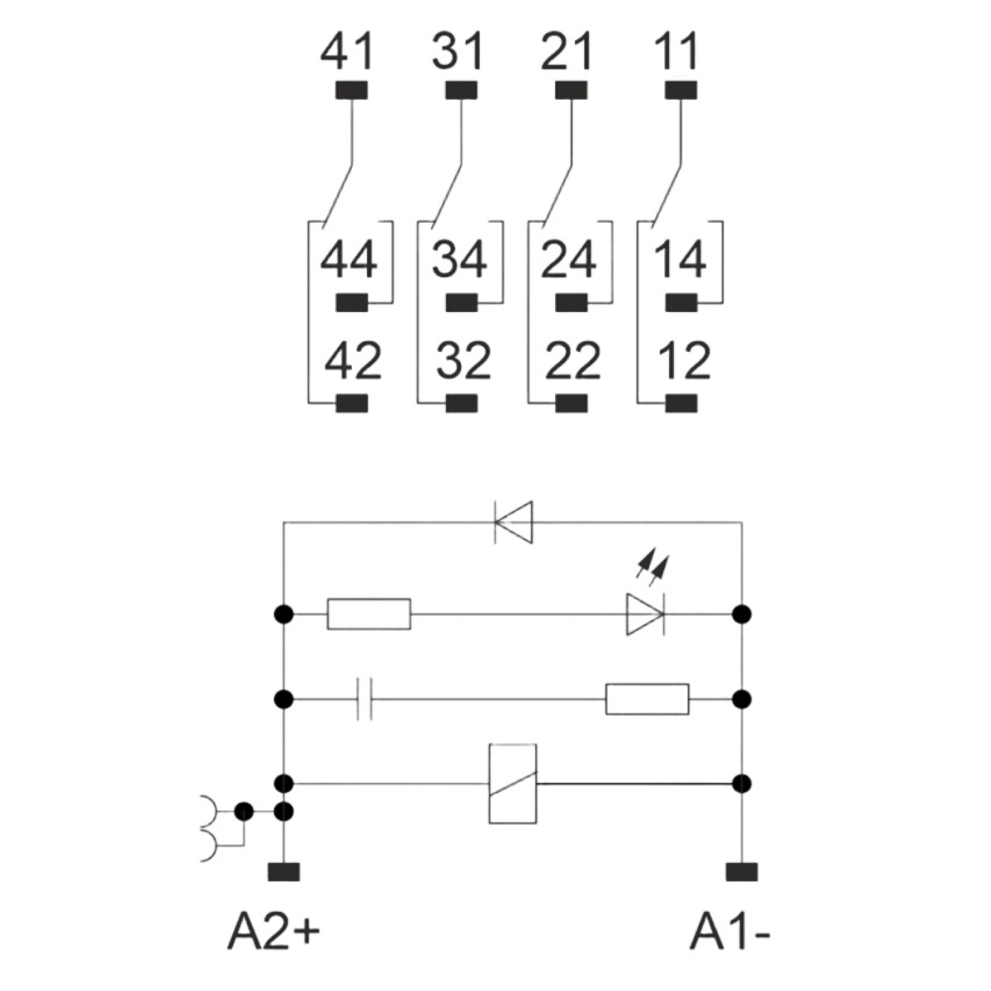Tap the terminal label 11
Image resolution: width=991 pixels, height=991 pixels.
coord(676,51)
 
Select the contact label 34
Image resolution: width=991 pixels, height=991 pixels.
coord(458,259)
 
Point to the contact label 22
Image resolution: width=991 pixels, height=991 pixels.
coord(571,362)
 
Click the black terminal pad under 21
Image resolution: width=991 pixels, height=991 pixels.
coord(571,90)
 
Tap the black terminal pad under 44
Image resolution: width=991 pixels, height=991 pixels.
coord(352,303)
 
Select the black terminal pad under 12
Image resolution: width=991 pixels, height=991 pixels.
coord(680,403)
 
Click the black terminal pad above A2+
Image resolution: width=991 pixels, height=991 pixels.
coord(283,872)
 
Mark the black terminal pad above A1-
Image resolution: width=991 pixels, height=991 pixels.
coord(742,872)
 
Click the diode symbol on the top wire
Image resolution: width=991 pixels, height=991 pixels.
coord(513,523)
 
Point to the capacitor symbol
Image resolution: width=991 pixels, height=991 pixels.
coord(364,699)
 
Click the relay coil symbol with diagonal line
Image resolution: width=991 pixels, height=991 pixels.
coord(512,784)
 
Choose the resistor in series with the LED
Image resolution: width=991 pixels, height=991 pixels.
coord(368,614)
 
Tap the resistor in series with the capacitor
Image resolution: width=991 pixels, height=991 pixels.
coord(647,699)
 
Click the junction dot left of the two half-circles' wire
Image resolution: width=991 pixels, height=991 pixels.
coord(244,812)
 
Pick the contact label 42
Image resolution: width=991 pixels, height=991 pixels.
coord(353,362)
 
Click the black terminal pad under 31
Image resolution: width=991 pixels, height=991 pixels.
coord(461,90)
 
